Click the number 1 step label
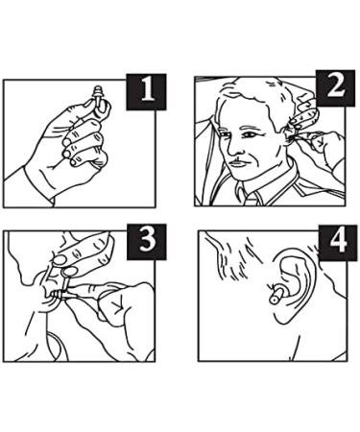[146, 92]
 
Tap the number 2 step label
[335, 88]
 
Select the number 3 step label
[147, 242]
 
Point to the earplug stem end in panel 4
[275, 299]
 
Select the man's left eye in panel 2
[248, 134]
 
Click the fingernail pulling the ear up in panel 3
[59, 260]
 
